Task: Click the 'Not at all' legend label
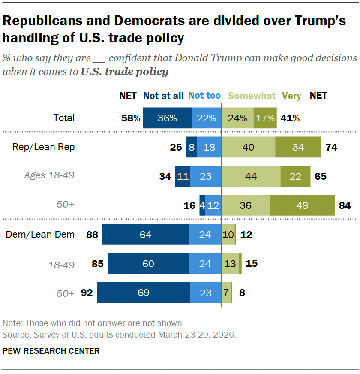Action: click(x=163, y=96)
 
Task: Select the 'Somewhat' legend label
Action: click(x=252, y=96)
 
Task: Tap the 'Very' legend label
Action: click(x=291, y=96)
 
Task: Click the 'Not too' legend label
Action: click(x=204, y=95)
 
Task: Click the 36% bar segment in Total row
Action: click(x=167, y=118)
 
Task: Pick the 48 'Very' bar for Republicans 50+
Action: click(x=302, y=205)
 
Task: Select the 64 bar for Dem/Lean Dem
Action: click(x=145, y=234)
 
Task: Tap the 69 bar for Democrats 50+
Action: click(x=144, y=293)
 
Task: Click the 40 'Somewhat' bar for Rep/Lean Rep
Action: click(x=248, y=147)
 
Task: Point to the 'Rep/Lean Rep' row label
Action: click(x=43, y=147)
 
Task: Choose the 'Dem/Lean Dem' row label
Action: click(x=40, y=234)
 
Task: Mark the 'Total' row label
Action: click(x=64, y=118)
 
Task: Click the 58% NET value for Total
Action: click(x=130, y=118)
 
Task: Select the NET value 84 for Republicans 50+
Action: click(x=345, y=205)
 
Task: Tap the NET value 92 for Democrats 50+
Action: click(x=87, y=293)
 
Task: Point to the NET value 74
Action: click(x=331, y=147)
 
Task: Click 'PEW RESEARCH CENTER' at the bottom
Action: click(x=51, y=351)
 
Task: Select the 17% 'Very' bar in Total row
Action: click(x=265, y=118)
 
